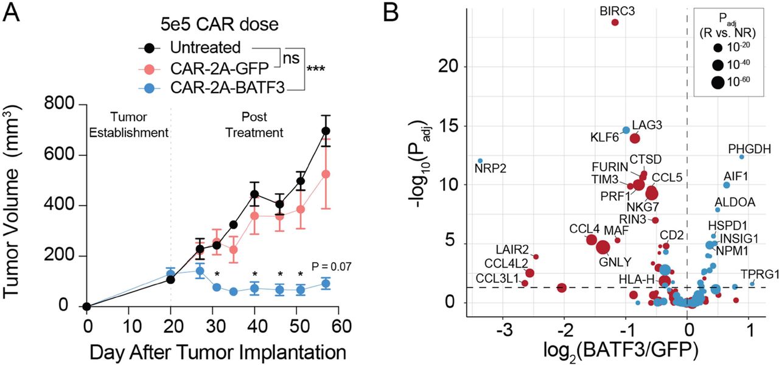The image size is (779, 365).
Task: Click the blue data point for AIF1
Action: pos(726,185)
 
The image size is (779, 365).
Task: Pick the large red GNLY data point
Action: pos(603,247)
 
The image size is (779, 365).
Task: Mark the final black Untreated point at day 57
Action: pos(326,131)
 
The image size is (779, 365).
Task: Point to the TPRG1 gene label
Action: pos(759,274)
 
